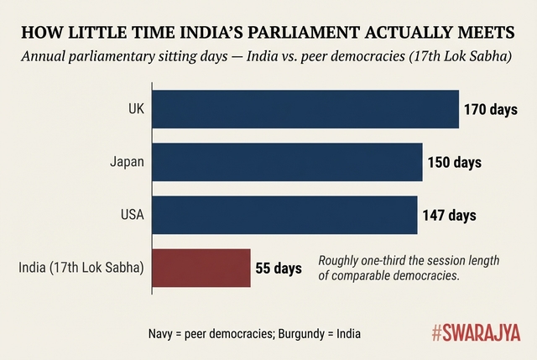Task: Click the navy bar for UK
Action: coord(305,108)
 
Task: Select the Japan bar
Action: coord(287,161)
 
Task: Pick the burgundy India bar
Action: coord(201,268)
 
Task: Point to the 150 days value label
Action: coord(454,162)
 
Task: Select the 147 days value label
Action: coord(449,215)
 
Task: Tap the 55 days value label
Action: coord(278,269)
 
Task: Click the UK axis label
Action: coord(135,109)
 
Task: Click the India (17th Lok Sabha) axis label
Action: coord(81,269)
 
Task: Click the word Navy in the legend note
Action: coord(161,333)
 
